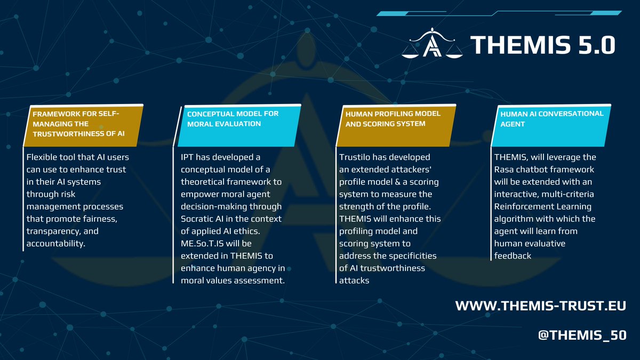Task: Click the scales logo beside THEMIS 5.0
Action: tap(432, 44)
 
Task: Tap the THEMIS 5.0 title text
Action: tap(542, 45)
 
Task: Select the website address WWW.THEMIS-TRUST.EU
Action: tap(540, 306)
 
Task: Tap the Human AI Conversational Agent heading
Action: tap(551, 118)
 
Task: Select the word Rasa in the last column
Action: tap(506, 170)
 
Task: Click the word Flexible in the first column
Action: tap(43, 157)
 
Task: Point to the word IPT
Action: tap(188, 157)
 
